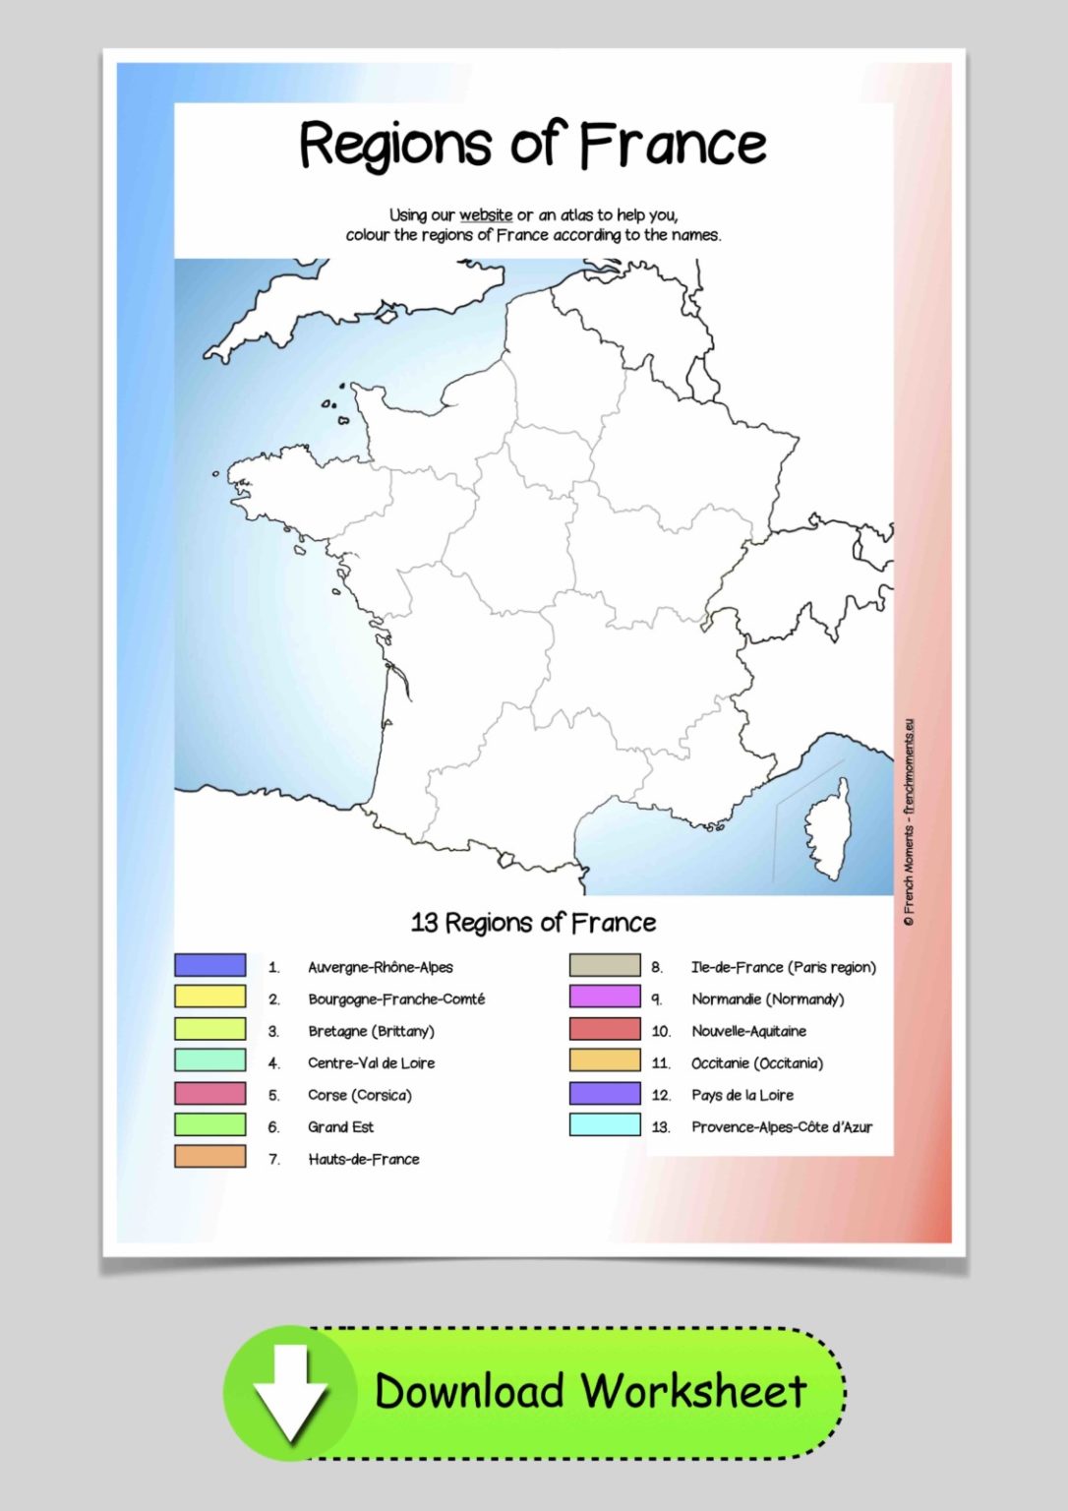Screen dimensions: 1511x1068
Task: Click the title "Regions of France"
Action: point(532,145)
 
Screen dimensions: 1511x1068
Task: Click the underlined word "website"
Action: point(486,214)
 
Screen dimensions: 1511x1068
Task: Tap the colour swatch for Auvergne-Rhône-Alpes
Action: point(210,965)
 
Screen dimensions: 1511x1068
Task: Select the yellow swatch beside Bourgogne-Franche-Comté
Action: point(210,997)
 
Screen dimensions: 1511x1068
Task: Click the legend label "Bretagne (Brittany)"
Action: point(371,1031)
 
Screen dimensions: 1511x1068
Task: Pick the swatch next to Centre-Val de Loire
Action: point(210,1060)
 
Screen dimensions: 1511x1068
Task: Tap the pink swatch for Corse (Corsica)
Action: point(210,1093)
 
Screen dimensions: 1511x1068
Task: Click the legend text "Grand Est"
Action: point(340,1126)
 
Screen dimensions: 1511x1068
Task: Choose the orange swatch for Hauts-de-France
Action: point(210,1157)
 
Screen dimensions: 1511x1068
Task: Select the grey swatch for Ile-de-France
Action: point(605,965)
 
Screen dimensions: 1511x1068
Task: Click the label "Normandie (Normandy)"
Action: point(767,999)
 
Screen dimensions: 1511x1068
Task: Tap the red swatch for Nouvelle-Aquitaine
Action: point(605,1029)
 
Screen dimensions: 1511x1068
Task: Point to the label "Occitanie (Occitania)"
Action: point(756,1063)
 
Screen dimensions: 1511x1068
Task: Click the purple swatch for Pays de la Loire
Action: point(605,1093)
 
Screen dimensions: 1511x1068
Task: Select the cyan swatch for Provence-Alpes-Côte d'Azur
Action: point(605,1125)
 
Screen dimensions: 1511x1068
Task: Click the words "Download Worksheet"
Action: point(590,1391)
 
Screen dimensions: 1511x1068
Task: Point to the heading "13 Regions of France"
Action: point(533,923)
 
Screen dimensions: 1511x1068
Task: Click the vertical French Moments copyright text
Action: point(909,822)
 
